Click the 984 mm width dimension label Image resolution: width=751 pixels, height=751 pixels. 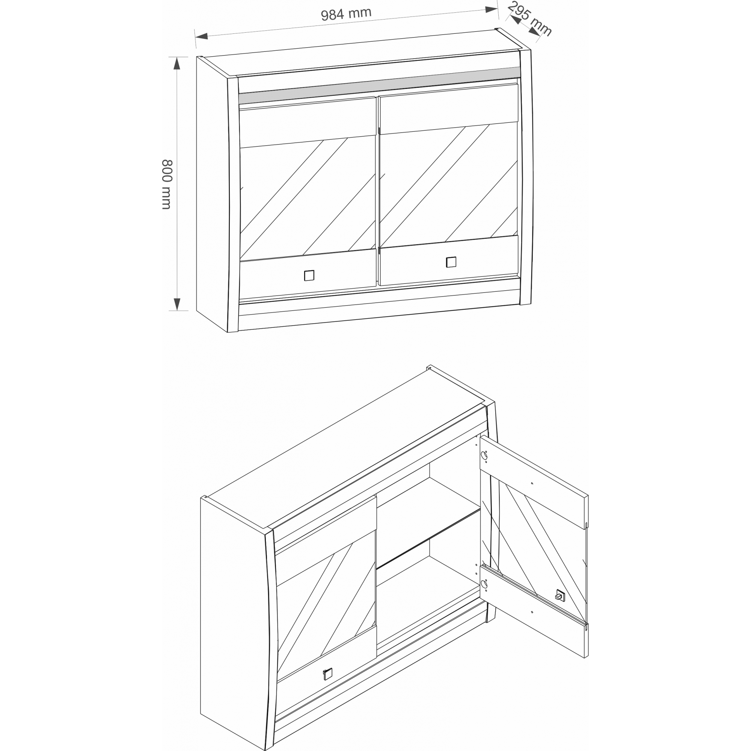point(346,14)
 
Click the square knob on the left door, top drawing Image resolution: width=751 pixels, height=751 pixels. point(309,275)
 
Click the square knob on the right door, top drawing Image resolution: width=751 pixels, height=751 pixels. point(451,262)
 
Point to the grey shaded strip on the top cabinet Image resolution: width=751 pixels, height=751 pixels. point(379,85)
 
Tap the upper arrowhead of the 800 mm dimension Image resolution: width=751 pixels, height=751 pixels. point(177,63)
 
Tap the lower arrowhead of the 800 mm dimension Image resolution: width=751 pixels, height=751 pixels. point(177,305)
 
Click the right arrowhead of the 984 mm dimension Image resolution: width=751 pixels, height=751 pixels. point(492,9)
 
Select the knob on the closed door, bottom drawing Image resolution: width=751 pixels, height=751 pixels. point(328,674)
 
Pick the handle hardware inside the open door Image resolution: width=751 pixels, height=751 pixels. point(560,595)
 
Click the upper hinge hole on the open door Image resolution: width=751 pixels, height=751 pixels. point(484,455)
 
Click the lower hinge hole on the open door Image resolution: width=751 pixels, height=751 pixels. point(484,584)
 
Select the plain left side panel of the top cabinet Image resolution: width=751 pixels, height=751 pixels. point(212,195)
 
